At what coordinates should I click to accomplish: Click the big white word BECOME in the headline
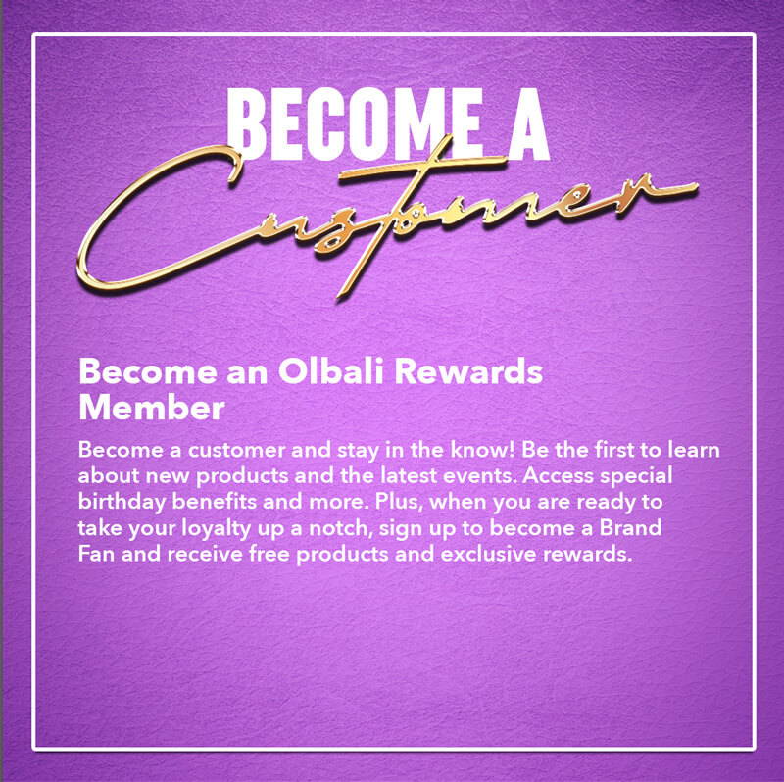pos(355,123)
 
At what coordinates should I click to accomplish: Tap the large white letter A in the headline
pos(528,123)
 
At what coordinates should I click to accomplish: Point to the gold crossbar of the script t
pos(420,167)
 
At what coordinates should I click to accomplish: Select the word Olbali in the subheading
pos(330,371)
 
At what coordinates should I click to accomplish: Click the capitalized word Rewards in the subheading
pos(468,371)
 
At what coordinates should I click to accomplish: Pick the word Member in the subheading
pos(152,408)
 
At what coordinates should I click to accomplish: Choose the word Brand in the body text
pos(630,528)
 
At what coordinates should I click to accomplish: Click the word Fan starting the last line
pos(94,554)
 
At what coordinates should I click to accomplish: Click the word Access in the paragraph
pos(559,475)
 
